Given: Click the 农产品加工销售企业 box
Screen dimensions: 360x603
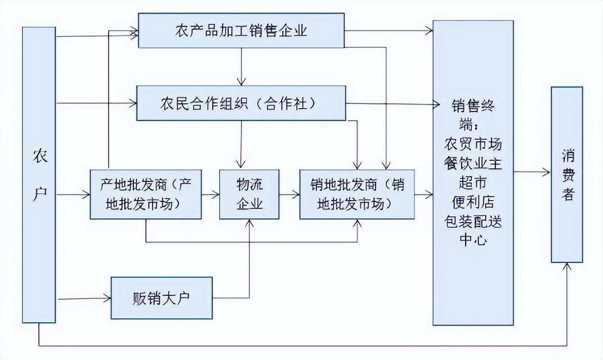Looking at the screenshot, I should [241, 31].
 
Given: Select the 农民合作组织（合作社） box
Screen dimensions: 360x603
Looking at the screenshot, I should [241, 103].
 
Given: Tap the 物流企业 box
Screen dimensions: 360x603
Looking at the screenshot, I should [249, 194].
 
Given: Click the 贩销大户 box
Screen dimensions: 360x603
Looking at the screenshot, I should [161, 298].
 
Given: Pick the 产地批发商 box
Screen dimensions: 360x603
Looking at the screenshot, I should [145, 194].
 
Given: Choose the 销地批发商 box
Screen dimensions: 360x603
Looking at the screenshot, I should [357, 194].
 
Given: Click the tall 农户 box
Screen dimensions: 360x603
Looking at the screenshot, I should [39, 175].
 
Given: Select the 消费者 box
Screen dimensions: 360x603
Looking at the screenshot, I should [567, 175].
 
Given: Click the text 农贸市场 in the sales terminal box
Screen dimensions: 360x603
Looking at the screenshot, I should [473, 144].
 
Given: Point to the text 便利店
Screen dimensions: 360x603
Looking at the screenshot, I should [473, 202].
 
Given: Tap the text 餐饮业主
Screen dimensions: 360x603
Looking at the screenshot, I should [473, 163].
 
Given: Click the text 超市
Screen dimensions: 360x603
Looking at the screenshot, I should [473, 182].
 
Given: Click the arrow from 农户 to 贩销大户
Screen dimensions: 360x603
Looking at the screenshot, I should [83, 299].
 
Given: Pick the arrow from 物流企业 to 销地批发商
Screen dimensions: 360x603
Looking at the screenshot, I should [289, 194].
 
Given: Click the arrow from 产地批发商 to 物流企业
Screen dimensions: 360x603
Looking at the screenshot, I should [210, 194].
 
